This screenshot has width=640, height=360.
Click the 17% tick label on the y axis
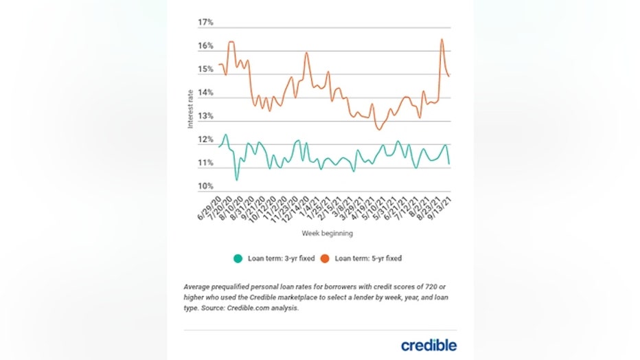click(205, 23)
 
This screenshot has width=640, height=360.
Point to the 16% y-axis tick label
click(205, 46)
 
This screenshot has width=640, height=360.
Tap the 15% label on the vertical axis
click(205, 69)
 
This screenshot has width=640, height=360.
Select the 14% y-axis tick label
click(205, 93)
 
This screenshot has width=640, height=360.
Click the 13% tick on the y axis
click(205, 116)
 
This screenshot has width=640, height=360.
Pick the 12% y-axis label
click(205, 140)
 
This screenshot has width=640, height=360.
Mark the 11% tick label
click(205, 164)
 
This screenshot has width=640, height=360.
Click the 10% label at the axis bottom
click(205, 186)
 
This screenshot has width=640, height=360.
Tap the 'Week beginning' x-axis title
click(327, 234)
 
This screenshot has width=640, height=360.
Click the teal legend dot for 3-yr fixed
click(238, 259)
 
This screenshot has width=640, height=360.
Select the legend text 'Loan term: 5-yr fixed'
click(368, 259)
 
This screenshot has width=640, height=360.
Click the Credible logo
click(428, 344)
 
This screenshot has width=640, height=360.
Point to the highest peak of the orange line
click(441, 39)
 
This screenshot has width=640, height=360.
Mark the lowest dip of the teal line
click(236, 180)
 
